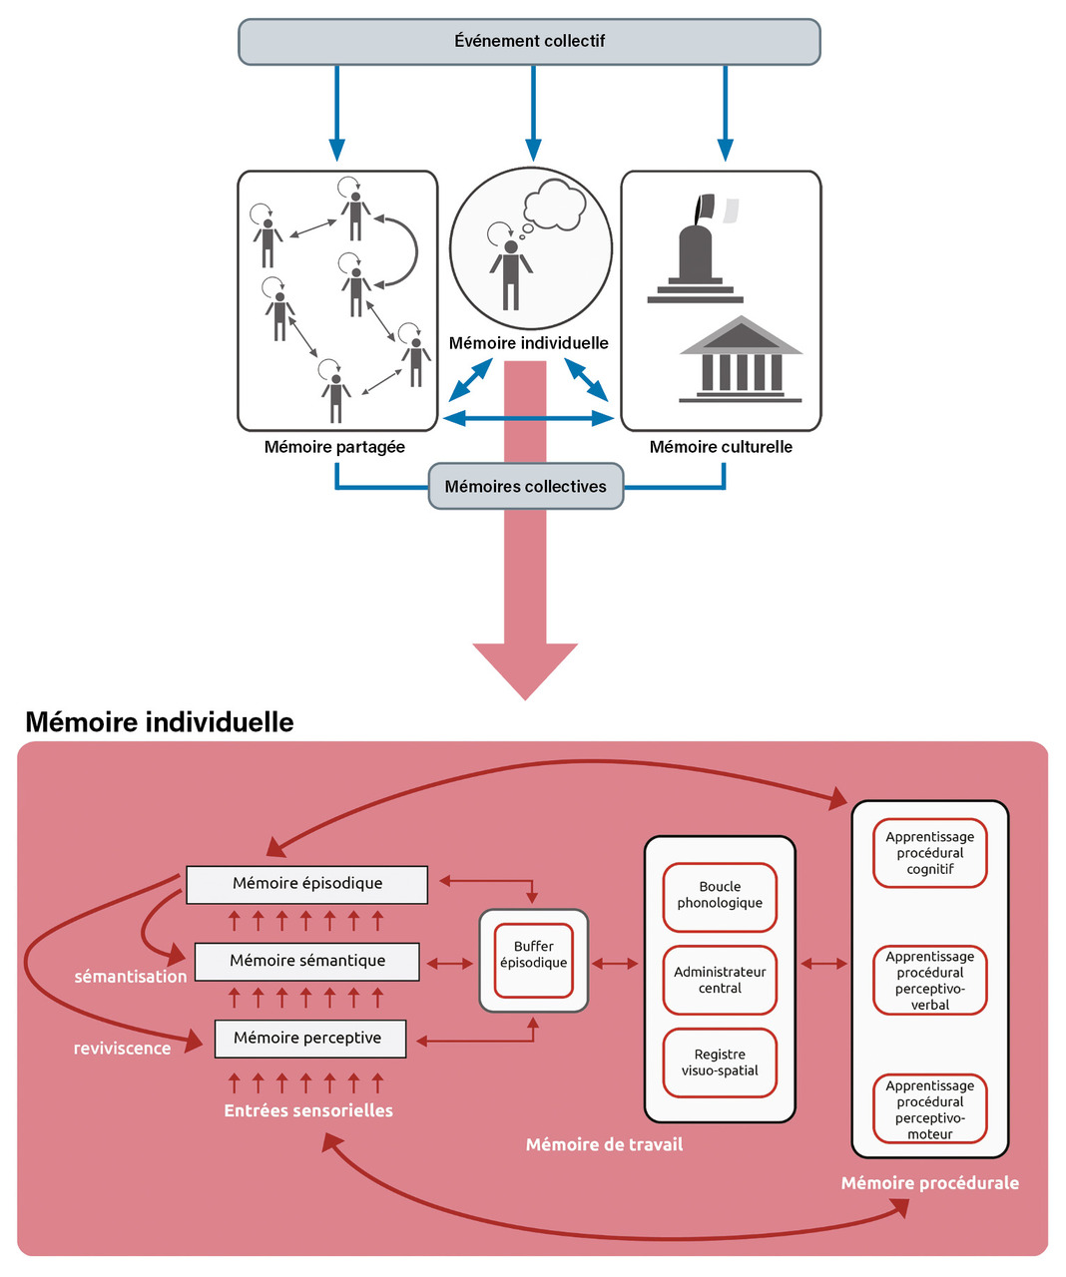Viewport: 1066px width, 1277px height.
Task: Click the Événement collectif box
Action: pos(529,42)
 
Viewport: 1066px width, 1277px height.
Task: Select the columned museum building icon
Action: pos(741,360)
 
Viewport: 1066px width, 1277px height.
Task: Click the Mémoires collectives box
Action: pos(526,487)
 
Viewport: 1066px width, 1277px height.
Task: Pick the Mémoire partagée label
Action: pos(334,447)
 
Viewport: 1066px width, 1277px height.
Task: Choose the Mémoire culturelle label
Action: pos(721,447)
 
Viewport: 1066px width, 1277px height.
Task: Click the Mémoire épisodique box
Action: pos(307,884)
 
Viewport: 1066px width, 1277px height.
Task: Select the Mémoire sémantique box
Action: pos(307,961)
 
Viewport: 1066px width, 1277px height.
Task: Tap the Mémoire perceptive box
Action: pos(307,1039)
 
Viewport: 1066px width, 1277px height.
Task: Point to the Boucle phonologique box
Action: pos(720,896)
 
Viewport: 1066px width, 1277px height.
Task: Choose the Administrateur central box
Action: pos(720,980)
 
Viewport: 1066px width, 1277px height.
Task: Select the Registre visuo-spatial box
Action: pos(720,1063)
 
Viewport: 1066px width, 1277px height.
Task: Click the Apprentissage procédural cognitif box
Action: pos(930,853)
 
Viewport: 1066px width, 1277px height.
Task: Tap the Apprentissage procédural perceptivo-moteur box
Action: pos(930,1109)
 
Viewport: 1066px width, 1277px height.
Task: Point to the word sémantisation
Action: pos(131,977)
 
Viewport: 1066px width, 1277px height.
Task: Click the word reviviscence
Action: pos(122,1049)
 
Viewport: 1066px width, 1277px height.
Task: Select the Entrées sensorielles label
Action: pos(308,1111)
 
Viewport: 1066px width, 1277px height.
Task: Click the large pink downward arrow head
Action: pos(525,669)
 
